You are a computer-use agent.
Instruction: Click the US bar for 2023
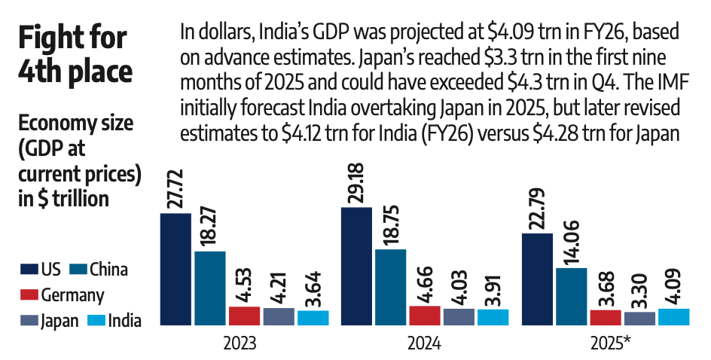175,270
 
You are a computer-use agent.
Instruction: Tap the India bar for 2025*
673,317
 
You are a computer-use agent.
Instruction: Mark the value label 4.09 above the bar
673,283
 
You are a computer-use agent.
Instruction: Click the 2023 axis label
240,343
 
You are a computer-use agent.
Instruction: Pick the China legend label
108,270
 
